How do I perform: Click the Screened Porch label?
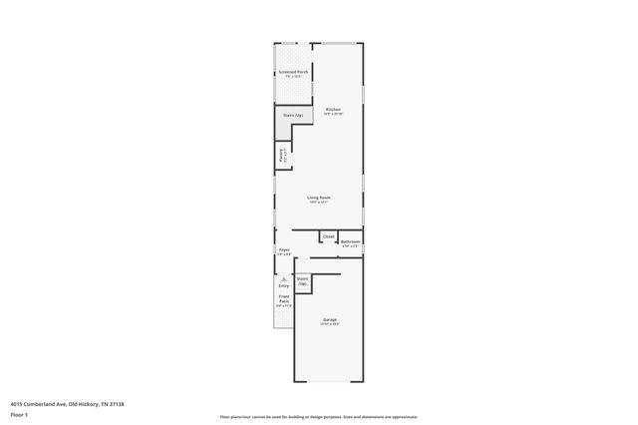click(x=293, y=72)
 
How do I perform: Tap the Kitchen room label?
click(x=333, y=109)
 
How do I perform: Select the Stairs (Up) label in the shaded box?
click(x=292, y=116)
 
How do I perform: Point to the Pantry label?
click(x=281, y=156)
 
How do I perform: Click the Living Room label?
click(x=319, y=198)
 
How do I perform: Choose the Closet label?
click(x=328, y=236)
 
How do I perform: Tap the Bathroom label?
click(x=350, y=240)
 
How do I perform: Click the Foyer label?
click(x=284, y=249)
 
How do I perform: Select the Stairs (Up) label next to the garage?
click(x=303, y=281)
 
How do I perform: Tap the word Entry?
click(x=284, y=286)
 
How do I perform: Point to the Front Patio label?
click(x=284, y=298)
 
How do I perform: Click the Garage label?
click(x=329, y=319)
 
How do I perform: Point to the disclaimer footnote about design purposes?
click(x=319, y=416)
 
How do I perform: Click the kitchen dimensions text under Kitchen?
click(x=333, y=114)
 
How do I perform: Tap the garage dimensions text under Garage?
click(x=329, y=324)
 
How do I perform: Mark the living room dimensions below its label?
click(x=319, y=203)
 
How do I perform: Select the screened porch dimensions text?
click(x=293, y=77)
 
